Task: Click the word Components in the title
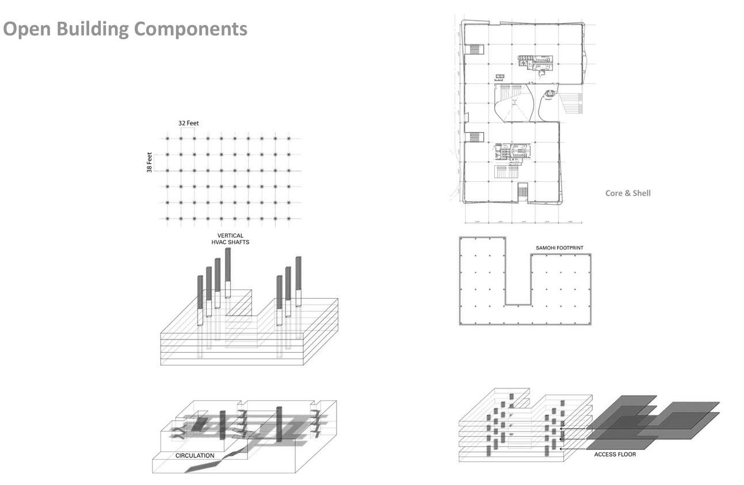[193, 29]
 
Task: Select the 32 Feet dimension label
[189, 123]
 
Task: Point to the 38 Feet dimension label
[150, 162]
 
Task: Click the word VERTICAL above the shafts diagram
[230, 236]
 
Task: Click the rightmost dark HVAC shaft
[298, 273]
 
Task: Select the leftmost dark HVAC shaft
[200, 292]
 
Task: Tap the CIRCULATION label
[195, 456]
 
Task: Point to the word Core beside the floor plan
[615, 193]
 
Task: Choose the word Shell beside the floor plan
[641, 193]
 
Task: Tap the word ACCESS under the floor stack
[606, 455]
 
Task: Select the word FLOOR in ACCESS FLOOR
[628, 455]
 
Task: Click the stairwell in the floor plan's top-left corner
[475, 49]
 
